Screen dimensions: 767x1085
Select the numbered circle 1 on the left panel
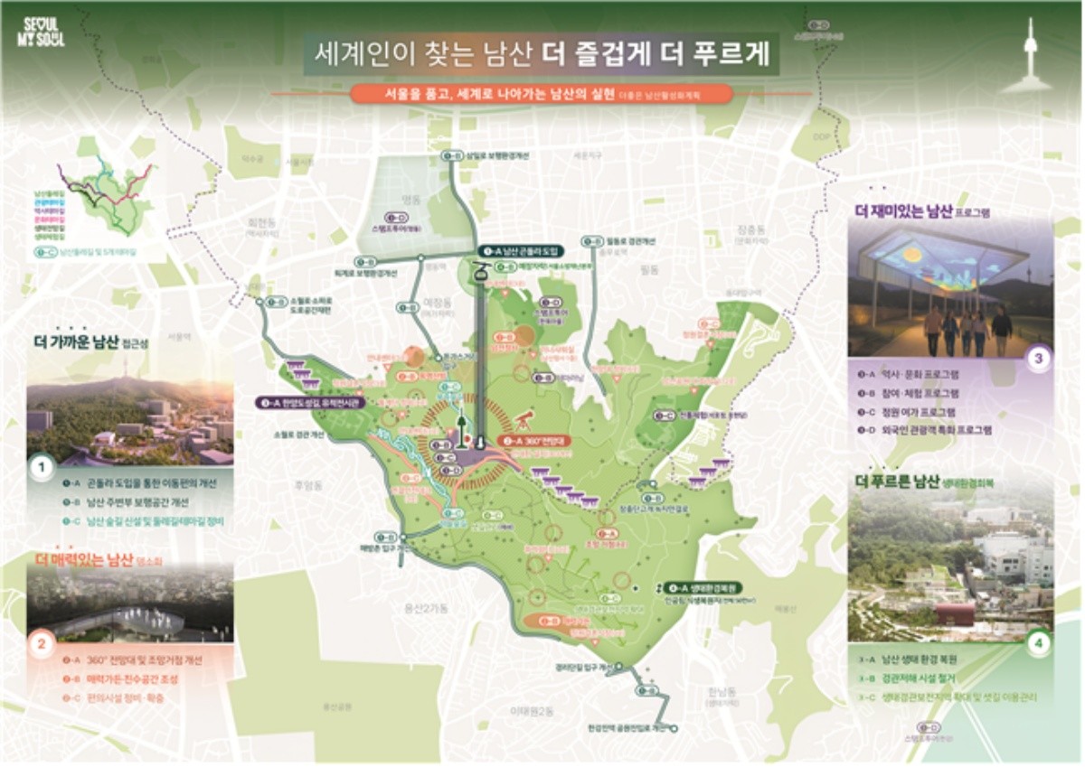tap(41, 468)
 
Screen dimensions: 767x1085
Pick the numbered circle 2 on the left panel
tap(41, 645)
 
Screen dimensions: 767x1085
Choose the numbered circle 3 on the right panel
tap(1039, 359)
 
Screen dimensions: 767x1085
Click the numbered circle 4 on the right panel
tap(1039, 643)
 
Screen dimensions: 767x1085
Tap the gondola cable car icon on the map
tap(480, 271)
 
